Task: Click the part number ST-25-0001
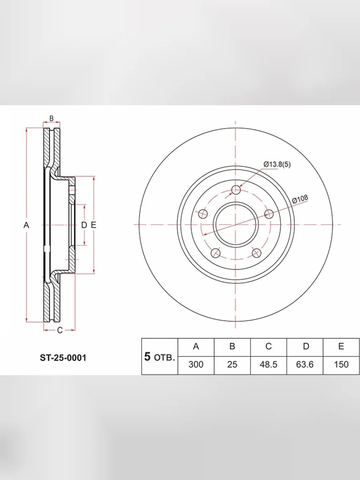(63, 358)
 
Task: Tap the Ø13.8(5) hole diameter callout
(277, 164)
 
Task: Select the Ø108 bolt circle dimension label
(300, 199)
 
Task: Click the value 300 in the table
(196, 364)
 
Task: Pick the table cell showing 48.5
(268, 364)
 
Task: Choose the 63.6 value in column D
(305, 364)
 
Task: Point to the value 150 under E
(341, 364)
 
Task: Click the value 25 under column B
(232, 364)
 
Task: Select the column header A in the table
(196, 346)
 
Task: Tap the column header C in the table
(268, 346)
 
